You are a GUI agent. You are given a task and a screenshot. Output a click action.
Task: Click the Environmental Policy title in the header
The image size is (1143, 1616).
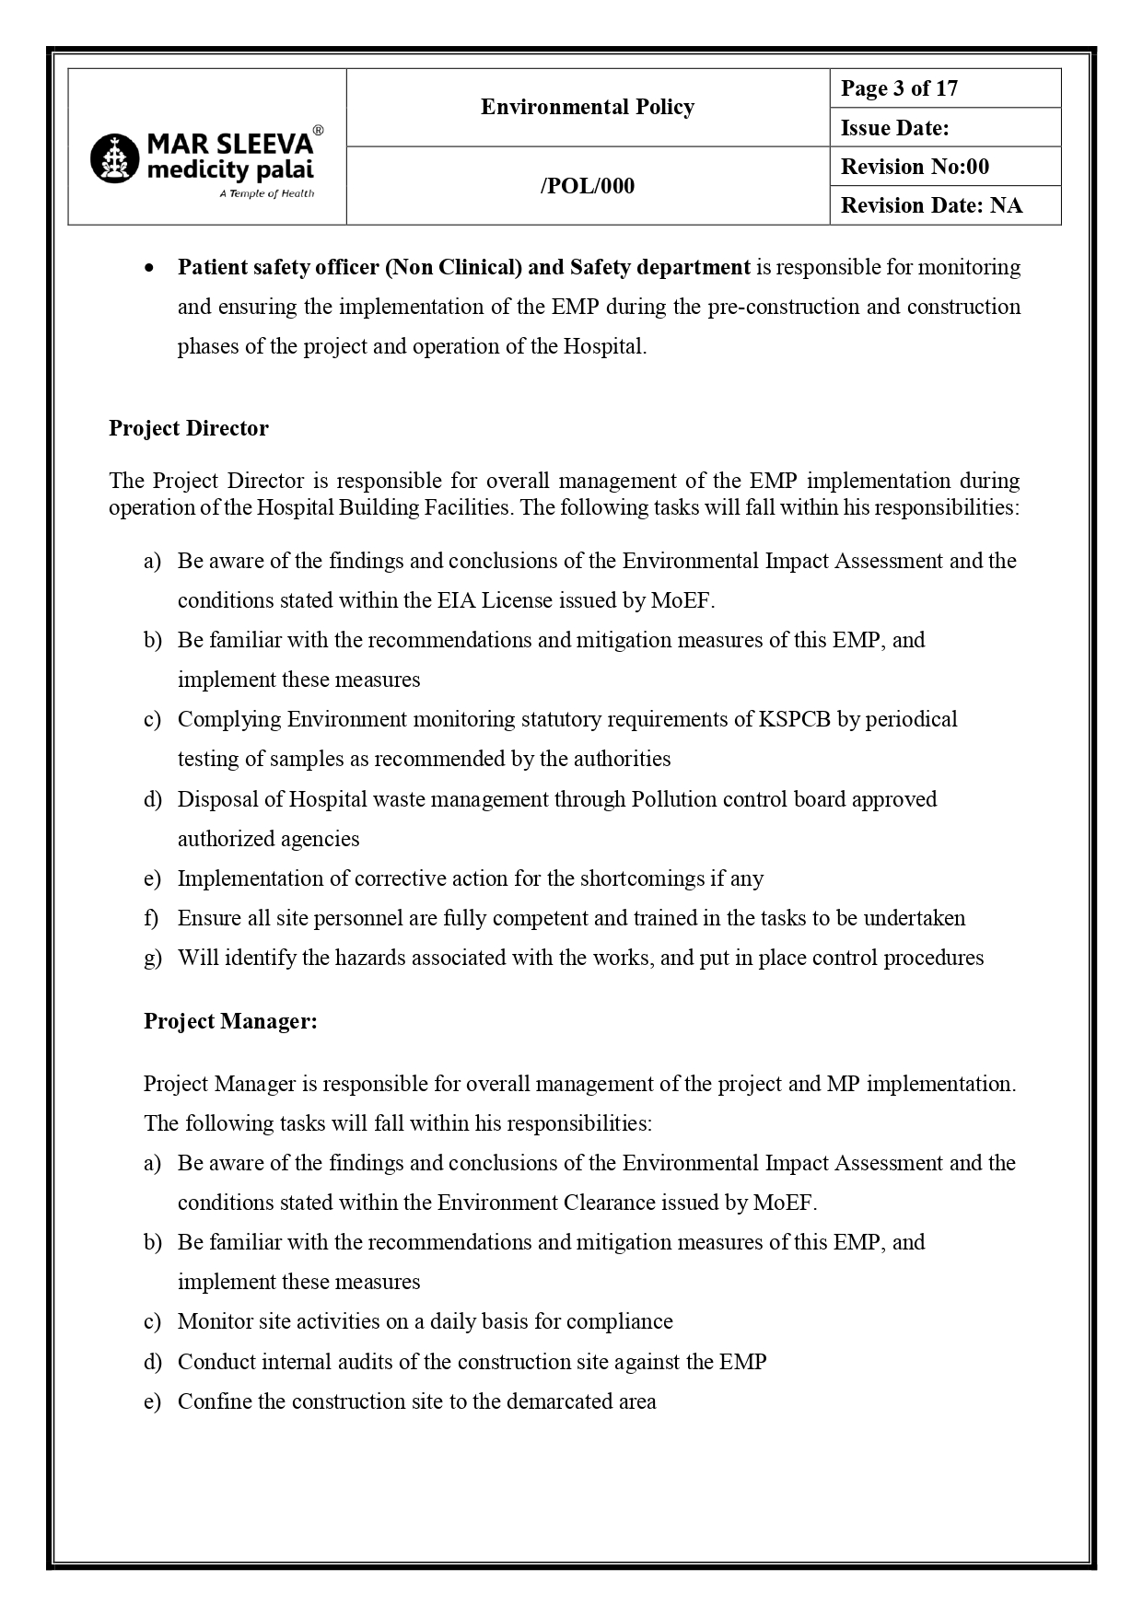(x=587, y=107)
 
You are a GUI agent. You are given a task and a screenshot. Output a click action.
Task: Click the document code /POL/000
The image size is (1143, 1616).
(x=587, y=186)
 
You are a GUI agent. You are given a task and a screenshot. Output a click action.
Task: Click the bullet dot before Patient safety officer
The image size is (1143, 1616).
(x=149, y=268)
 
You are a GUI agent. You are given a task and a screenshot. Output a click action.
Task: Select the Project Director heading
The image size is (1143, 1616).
(x=189, y=428)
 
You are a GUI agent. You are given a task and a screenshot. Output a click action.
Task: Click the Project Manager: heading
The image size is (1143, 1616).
(x=230, y=1021)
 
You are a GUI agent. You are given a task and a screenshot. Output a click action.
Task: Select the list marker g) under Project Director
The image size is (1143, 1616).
(x=152, y=958)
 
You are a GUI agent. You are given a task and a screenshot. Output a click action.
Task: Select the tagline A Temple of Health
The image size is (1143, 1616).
(x=266, y=193)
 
